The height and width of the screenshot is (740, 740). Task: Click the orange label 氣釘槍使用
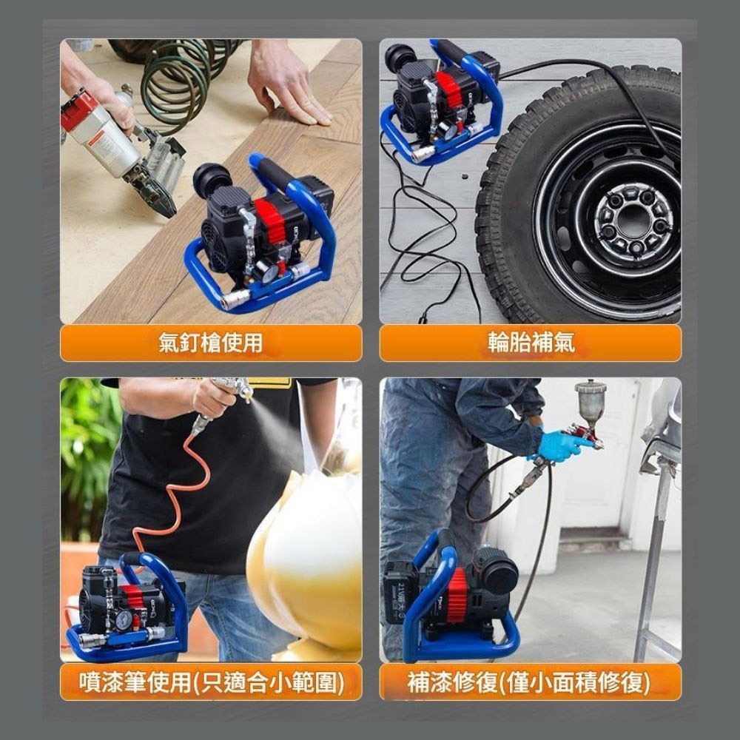(x=211, y=343)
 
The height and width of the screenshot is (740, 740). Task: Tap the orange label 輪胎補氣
(x=530, y=343)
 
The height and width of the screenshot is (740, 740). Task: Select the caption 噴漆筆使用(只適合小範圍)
(x=211, y=682)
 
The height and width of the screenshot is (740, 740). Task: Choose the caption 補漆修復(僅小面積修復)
(x=530, y=682)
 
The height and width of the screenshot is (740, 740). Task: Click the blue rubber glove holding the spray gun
(x=562, y=446)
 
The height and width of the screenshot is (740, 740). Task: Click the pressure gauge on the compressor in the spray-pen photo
(x=123, y=619)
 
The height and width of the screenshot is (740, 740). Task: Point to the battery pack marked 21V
(x=400, y=596)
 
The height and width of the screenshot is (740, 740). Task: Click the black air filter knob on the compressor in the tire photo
(x=400, y=57)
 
